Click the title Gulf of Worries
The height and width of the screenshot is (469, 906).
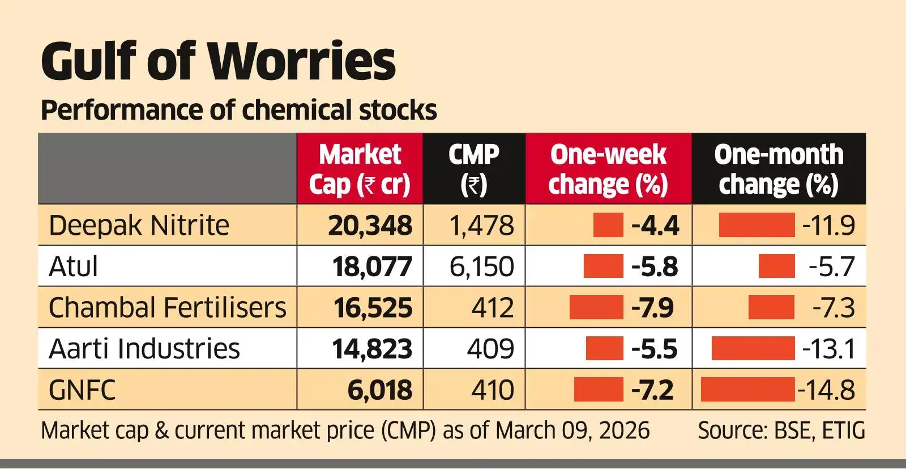pos(218,61)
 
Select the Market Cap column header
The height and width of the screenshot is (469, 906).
pos(360,169)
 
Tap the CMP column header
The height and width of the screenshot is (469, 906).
pos(474,169)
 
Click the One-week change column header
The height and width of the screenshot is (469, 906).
pos(608,169)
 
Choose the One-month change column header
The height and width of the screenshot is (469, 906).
pos(779,169)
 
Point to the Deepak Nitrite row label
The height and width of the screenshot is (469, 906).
pos(139,225)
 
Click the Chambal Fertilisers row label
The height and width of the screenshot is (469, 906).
pos(168,307)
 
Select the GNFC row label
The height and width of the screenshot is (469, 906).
pos(82,390)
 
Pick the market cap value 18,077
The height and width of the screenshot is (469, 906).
pos(372,267)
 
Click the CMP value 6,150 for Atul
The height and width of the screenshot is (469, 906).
pos(482,267)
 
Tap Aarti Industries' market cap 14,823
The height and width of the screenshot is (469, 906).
pos(372,348)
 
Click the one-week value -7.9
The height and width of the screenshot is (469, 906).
pos(652,307)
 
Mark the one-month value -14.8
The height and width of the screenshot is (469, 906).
pos(826,390)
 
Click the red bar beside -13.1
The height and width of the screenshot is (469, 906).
pos(753,348)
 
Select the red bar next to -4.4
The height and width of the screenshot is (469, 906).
pos(608,225)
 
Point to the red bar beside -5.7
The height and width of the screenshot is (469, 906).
pos(776,267)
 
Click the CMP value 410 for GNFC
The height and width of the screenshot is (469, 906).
pos(492,390)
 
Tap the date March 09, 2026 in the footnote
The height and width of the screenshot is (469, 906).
pos(572,430)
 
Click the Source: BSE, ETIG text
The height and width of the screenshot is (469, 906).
pos(781,430)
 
